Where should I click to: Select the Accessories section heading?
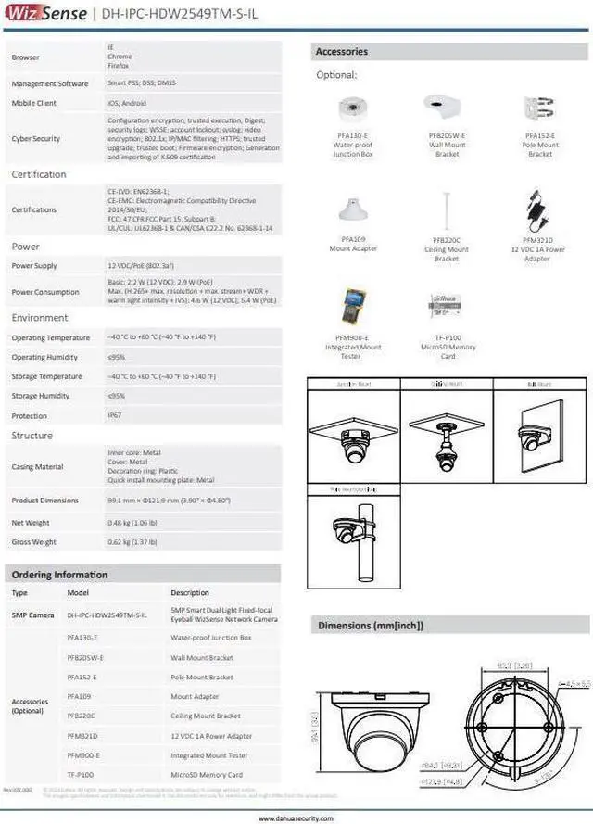click(x=342, y=52)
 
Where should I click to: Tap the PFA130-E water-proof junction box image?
click(x=353, y=110)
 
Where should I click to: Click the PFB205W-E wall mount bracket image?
click(x=447, y=108)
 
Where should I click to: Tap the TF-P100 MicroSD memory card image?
click(x=447, y=307)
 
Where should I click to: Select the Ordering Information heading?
click(x=60, y=575)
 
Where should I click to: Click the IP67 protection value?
click(x=115, y=416)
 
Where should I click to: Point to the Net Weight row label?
click(x=31, y=523)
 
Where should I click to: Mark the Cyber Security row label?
click(x=35, y=139)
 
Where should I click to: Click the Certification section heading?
click(x=39, y=175)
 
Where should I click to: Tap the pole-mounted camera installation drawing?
click(x=353, y=531)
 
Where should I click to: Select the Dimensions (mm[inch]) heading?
click(x=371, y=626)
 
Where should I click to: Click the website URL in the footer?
click(x=296, y=818)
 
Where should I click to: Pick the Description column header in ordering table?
click(x=190, y=592)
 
